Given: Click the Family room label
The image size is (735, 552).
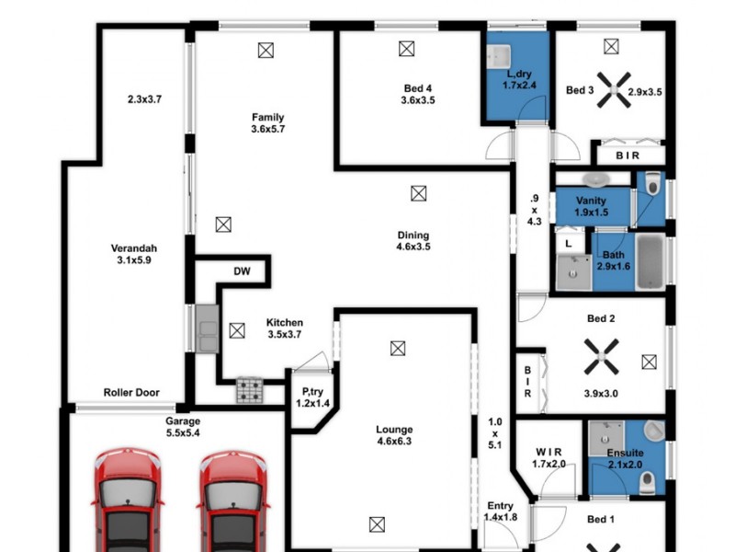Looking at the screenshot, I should [267, 117].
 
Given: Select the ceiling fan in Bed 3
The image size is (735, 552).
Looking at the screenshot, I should [611, 91].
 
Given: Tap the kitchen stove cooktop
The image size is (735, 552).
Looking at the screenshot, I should [249, 390].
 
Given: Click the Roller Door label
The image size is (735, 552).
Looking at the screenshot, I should [131, 393].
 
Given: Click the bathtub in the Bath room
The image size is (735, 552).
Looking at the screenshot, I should [650, 259].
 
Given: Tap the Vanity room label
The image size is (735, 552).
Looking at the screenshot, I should [591, 201].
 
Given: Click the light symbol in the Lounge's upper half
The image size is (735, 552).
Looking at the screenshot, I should [397, 348].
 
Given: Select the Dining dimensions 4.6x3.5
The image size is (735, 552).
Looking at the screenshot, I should [413, 247].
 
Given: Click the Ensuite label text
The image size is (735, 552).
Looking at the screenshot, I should [625, 454].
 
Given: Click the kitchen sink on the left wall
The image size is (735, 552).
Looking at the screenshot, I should [205, 328].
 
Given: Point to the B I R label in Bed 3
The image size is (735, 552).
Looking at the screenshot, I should [629, 156].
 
